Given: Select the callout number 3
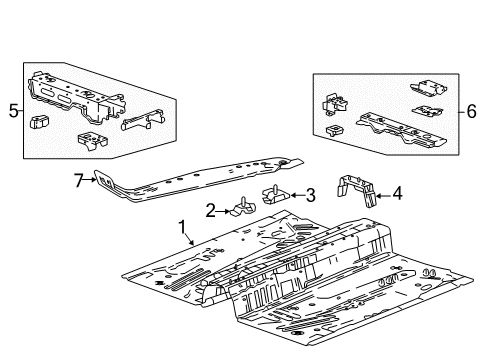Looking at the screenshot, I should tap(311, 194).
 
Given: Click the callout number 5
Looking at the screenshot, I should tap(13, 112).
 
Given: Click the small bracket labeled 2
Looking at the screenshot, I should tap(241, 208).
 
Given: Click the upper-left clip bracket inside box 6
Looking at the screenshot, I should tap(335, 102).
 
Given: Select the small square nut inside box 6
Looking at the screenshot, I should tap(332, 131).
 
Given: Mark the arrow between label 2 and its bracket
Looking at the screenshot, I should tap(224, 209).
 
